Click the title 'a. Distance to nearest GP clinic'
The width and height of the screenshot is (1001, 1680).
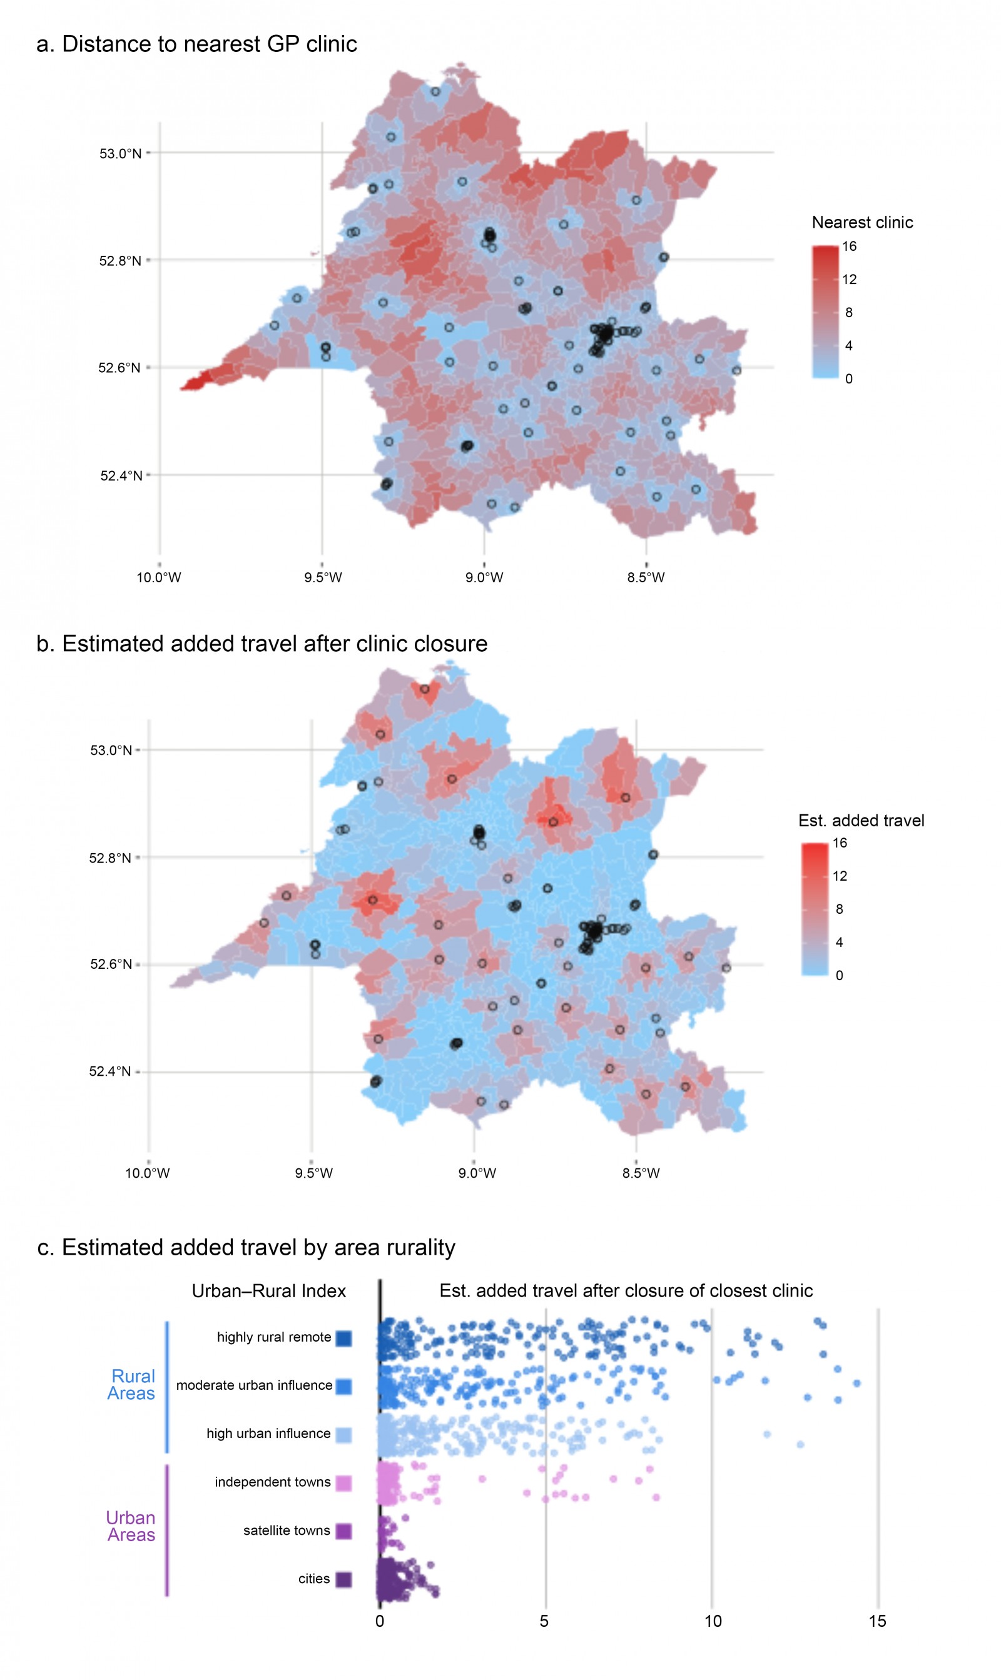196,44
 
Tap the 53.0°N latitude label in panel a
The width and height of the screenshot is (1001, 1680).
121,154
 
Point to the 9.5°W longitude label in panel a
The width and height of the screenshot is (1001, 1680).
322,578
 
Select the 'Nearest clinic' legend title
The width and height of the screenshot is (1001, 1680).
862,223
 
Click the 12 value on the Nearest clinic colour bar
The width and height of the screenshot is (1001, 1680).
849,279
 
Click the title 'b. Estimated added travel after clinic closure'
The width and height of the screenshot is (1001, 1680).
262,644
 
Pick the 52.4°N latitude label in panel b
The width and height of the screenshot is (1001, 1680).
111,1071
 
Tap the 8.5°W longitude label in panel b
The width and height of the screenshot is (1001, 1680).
641,1173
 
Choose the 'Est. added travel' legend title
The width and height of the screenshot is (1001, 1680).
861,821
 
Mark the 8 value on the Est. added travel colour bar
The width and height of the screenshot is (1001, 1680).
839,909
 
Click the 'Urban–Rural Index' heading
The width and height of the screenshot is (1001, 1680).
268,1291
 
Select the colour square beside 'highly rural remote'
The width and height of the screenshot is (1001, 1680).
343,1338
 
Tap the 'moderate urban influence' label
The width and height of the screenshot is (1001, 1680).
254,1385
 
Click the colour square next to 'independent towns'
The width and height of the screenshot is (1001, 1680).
343,1482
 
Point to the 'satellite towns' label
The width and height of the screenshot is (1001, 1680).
287,1531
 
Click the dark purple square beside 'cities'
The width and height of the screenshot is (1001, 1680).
343,1579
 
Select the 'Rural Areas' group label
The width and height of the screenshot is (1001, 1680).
132,1385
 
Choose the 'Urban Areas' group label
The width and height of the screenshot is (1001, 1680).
131,1526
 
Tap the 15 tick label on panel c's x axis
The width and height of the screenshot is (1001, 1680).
877,1621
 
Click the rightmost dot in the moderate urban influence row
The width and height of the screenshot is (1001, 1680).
856,1384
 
